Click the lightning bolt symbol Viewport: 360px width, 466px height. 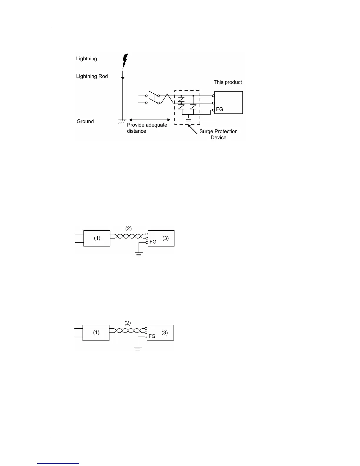pyautogui.click(x=125, y=61)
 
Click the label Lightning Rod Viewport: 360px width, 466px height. pyautogui.click(x=92, y=76)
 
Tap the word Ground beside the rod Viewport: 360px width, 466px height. pyautogui.click(x=85, y=121)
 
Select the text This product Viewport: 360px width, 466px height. pyautogui.click(x=228, y=82)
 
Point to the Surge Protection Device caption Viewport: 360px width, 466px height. pyautogui.click(x=218, y=134)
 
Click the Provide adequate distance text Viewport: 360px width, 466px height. pyautogui.click(x=147, y=128)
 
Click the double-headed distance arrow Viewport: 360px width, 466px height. pyautogui.click(x=149, y=120)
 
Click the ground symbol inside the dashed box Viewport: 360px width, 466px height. pyautogui.click(x=189, y=119)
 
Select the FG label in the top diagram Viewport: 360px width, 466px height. pyautogui.click(x=219, y=109)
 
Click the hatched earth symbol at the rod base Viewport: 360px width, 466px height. pyautogui.click(x=122, y=121)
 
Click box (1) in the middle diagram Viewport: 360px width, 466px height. pyautogui.click(x=97, y=238)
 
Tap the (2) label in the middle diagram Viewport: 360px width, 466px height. pyautogui.click(x=129, y=228)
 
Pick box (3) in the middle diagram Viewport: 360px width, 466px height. pyautogui.click(x=161, y=238)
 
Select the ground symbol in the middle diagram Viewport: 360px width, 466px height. pyautogui.click(x=139, y=254)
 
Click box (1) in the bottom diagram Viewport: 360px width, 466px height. pyautogui.click(x=96, y=333)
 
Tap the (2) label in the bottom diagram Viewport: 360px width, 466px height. pyautogui.click(x=127, y=323)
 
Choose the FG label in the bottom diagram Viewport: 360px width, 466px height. pyautogui.click(x=152, y=336)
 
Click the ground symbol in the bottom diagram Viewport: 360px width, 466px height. pyautogui.click(x=138, y=348)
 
